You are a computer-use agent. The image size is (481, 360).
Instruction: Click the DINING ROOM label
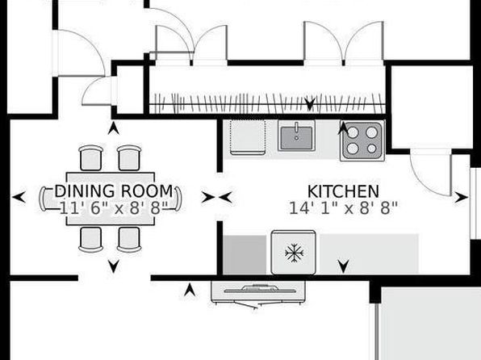coord(114,190)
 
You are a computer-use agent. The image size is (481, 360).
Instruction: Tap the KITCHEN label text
coord(343,191)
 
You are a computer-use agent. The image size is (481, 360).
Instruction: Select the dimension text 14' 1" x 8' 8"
coord(343,208)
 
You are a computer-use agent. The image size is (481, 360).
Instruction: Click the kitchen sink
coord(297,136)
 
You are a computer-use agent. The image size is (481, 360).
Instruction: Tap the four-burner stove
coord(362,140)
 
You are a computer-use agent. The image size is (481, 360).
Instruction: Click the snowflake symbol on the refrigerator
coord(295,253)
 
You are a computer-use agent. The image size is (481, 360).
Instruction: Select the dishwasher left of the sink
coord(248,137)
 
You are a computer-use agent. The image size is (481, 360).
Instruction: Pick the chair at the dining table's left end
coord(43,199)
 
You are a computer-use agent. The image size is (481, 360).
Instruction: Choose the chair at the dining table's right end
coord(178,199)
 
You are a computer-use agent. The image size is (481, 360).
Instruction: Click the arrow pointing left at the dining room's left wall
coord(19,197)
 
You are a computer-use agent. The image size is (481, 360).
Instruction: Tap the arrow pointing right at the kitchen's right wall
coord(461,197)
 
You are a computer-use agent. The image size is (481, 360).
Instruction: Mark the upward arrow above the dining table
coord(114,128)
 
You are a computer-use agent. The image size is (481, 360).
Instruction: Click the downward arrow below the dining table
coord(114,266)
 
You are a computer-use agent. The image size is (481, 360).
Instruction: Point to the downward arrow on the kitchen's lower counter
coord(344,266)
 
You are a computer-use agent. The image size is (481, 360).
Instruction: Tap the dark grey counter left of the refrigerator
coord(245,254)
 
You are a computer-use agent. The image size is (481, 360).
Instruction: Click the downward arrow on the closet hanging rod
coord(310,104)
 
